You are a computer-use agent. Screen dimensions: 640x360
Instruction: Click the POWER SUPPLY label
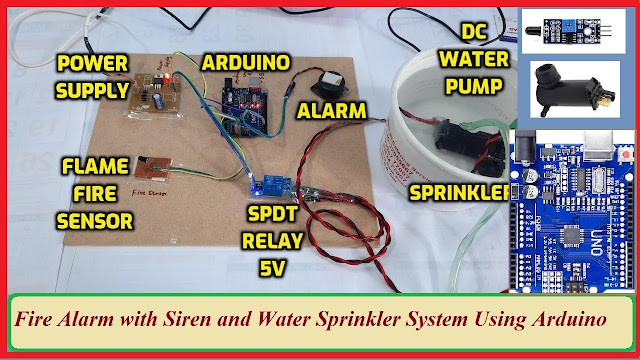tap(93, 76)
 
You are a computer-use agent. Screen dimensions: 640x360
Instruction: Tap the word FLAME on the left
tap(93, 166)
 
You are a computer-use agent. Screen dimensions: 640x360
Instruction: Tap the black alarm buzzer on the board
tap(328, 80)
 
